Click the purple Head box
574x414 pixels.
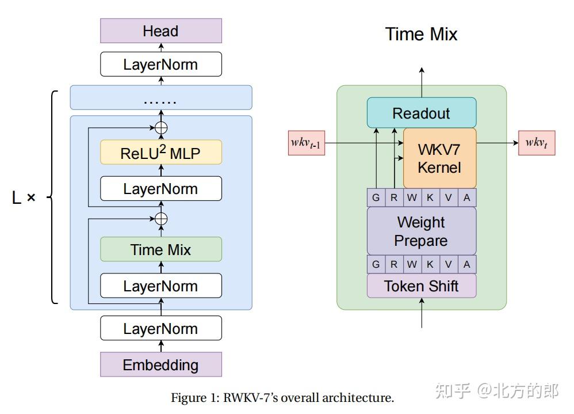click(160, 31)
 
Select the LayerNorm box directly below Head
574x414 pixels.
click(160, 64)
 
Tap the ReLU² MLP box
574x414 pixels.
click(160, 153)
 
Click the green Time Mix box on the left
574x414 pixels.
click(160, 249)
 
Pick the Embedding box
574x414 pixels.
click(160, 364)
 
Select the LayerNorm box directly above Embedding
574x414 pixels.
click(160, 328)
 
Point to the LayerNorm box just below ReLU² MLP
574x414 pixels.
click(160, 188)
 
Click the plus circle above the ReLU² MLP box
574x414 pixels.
click(161, 127)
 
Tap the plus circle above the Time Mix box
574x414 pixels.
click(161, 218)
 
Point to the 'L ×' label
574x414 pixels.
click(24, 198)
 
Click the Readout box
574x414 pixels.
click(421, 113)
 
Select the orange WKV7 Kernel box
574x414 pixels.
click(439, 158)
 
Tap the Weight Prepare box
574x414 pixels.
click(421, 230)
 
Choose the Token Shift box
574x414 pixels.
click(421, 286)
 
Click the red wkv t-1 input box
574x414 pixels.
click(307, 143)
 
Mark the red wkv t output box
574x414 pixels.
click(537, 143)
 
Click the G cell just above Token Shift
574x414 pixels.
click(376, 264)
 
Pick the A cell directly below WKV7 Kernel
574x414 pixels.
click(466, 197)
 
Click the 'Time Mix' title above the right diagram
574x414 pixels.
click(421, 34)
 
